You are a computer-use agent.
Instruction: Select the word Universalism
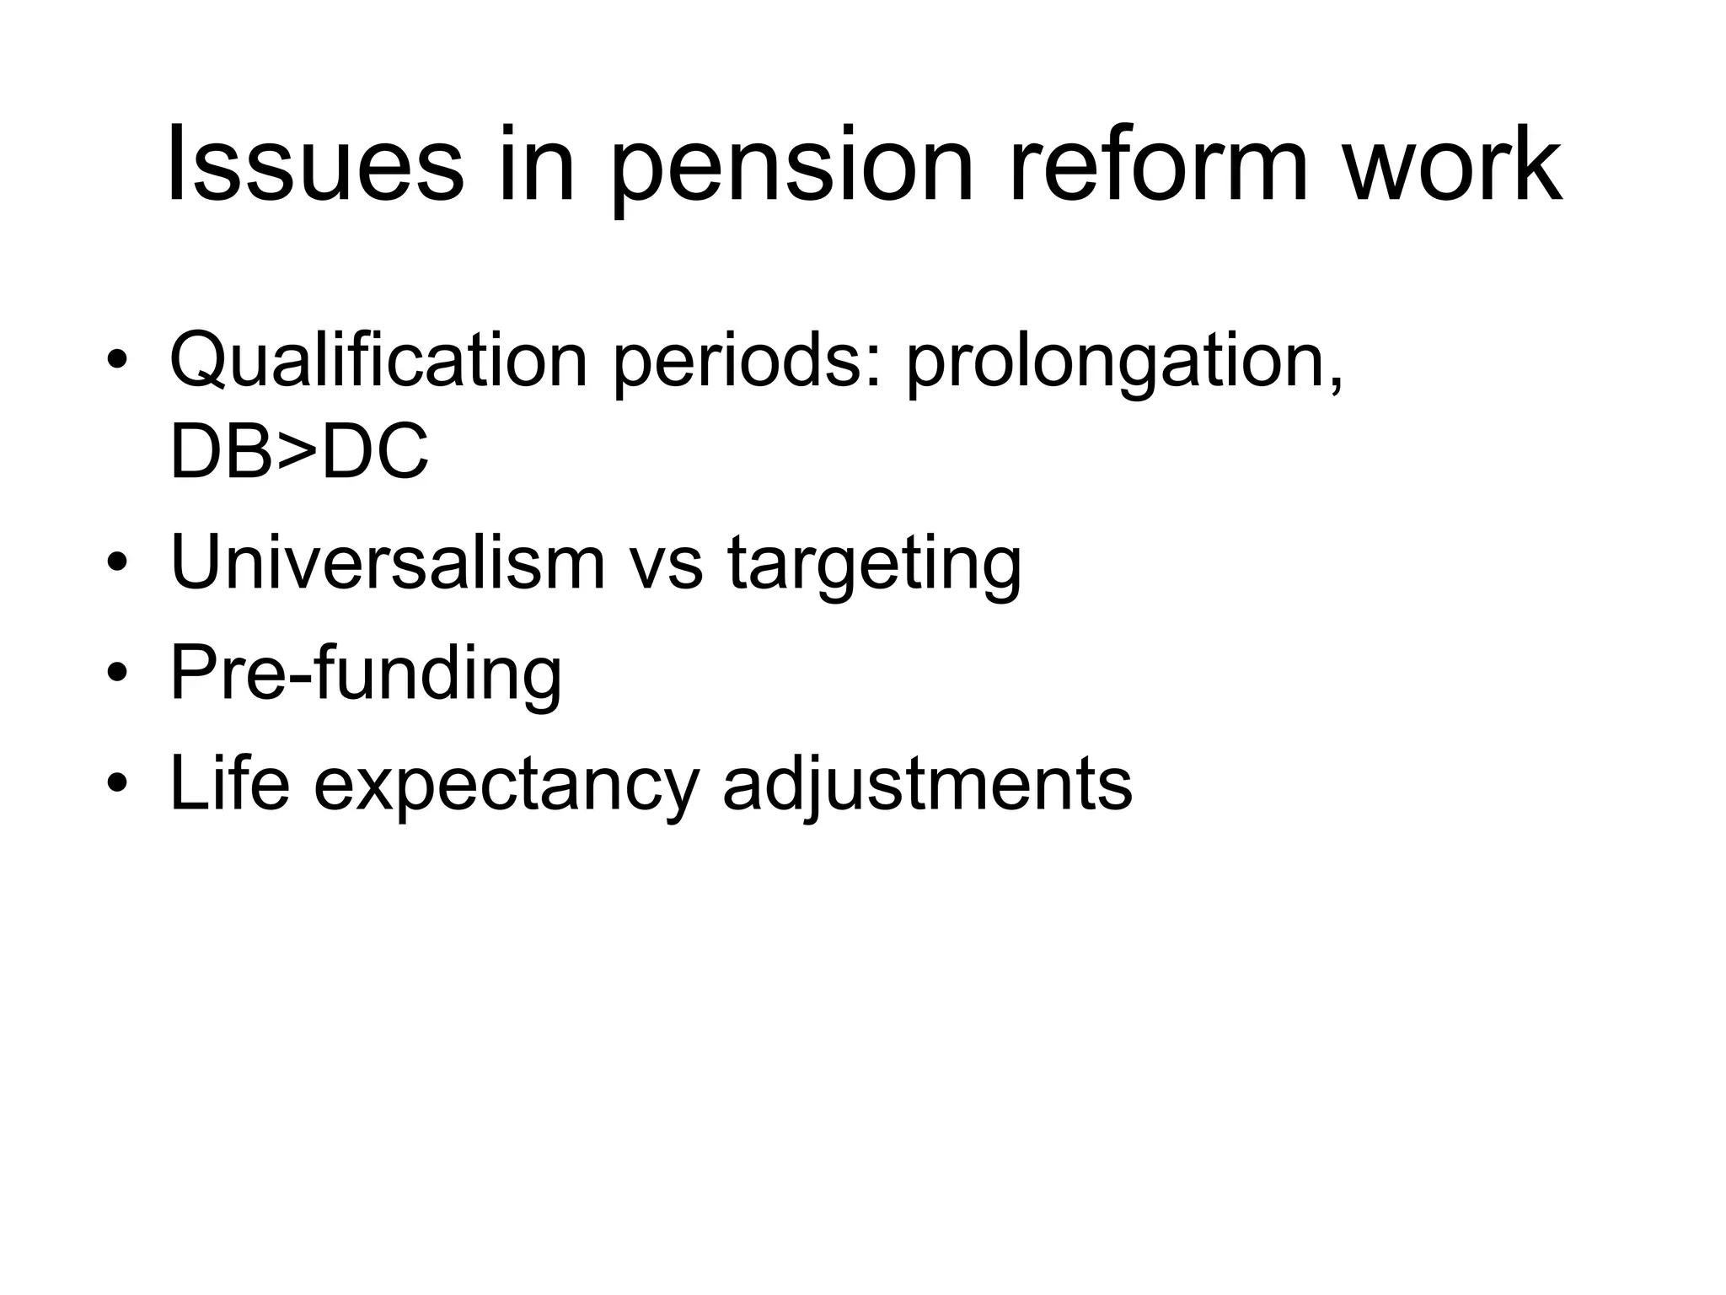click(x=388, y=562)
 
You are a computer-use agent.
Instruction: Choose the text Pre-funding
click(x=366, y=673)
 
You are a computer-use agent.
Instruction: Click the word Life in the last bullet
click(x=229, y=782)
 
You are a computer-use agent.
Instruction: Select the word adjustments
click(x=927, y=784)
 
